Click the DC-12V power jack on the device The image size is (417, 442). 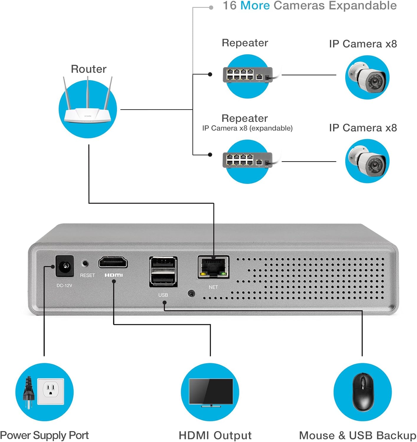64,266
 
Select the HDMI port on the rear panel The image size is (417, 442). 113,262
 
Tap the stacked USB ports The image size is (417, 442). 163,271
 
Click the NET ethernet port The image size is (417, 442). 213,267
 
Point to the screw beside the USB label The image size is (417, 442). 191,293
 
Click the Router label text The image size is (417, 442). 89,69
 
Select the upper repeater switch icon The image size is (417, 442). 247,75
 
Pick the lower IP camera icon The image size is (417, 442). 367,161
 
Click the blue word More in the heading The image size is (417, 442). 255,6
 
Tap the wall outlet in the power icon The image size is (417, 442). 50,391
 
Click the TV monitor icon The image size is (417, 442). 211,392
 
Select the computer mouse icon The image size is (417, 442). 363,392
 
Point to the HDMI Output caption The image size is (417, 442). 215,435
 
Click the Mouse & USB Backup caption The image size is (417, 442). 357,435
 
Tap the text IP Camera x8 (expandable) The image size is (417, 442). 247,128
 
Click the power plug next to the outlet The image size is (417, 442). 29,392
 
